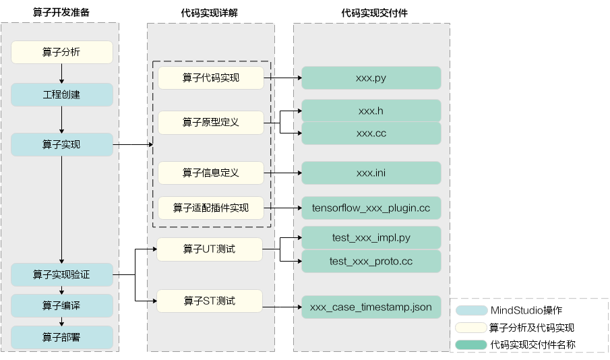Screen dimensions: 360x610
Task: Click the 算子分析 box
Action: click(61, 52)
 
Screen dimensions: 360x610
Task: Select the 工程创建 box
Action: click(61, 94)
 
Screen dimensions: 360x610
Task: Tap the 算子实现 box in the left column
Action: click(61, 144)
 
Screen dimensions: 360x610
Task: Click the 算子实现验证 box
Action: click(61, 274)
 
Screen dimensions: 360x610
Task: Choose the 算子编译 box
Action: click(61, 305)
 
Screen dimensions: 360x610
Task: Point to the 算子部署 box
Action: click(61, 337)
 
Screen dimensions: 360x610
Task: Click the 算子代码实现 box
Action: click(210, 78)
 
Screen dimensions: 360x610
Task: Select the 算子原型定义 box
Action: click(210, 123)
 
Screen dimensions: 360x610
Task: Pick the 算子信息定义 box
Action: click(210, 173)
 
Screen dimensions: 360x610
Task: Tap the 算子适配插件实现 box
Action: click(210, 208)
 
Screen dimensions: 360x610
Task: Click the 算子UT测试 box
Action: click(209, 249)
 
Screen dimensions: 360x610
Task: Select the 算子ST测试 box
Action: click(209, 301)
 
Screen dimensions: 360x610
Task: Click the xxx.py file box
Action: click(371, 78)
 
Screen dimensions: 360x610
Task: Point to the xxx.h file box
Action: click(371, 111)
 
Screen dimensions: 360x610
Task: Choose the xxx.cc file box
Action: click(371, 133)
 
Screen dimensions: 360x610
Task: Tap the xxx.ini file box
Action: click(371, 173)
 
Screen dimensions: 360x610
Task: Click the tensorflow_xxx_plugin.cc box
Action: click(371, 208)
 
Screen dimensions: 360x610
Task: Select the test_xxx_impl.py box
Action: click(371, 238)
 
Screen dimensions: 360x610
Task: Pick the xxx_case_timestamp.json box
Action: click(371, 307)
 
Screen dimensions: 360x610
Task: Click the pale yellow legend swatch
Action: click(472, 328)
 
